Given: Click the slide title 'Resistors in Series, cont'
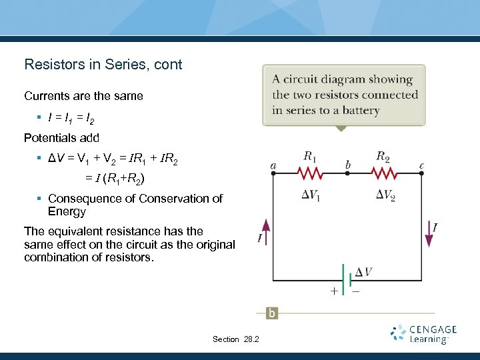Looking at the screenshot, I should pos(103,65).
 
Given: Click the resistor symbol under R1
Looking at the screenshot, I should pos(309,173).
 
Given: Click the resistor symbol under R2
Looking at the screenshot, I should pos(383,173).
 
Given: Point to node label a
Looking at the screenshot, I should pos(273,165).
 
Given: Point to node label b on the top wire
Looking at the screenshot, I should pos(347,164).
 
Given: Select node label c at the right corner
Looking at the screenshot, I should pos(421,165).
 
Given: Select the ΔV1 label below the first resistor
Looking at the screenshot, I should pos(309,195).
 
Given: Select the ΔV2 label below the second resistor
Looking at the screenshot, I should pos(385,195).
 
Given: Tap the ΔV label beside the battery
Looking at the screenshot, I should pos(364,271).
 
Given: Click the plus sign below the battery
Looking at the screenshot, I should pos(333,291).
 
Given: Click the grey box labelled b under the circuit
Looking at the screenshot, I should pos(272,313).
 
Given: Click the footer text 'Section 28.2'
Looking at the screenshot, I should pos(236,339).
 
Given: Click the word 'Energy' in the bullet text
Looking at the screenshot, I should pos(67,212).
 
